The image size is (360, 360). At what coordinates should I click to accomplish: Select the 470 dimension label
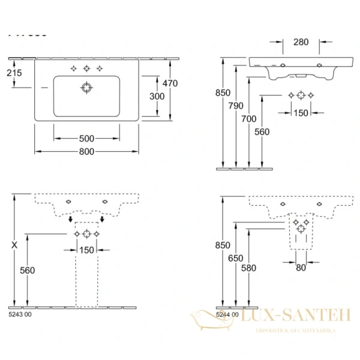(x=170, y=84)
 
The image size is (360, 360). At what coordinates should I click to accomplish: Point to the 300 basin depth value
(x=157, y=96)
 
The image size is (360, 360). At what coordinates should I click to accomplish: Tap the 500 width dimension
(x=86, y=138)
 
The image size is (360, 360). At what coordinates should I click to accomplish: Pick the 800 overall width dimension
(x=86, y=152)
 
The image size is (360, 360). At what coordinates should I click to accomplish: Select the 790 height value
(x=236, y=106)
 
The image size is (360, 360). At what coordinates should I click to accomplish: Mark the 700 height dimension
(x=248, y=119)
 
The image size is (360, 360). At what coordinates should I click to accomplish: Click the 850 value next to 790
(x=223, y=92)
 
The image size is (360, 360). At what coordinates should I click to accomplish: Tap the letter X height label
(x=13, y=245)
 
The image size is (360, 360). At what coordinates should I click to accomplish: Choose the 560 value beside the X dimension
(x=27, y=271)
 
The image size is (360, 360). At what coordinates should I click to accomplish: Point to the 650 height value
(x=236, y=258)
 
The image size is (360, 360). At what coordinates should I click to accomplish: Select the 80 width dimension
(x=301, y=268)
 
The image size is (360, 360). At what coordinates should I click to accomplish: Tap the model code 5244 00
(x=227, y=314)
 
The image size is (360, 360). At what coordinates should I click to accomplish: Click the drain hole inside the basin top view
(x=86, y=88)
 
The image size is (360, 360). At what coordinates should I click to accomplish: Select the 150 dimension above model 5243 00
(x=87, y=250)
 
